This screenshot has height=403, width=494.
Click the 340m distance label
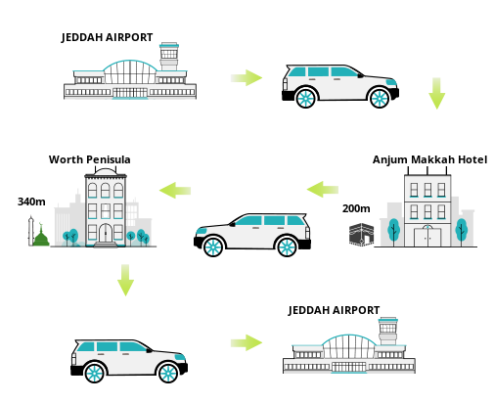point(31,201)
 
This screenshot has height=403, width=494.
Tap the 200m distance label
point(356,208)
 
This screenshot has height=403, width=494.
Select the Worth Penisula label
point(90,159)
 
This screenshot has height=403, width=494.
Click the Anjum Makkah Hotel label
point(429,159)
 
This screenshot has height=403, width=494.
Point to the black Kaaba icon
point(361,234)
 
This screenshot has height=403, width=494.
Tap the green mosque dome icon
point(41,236)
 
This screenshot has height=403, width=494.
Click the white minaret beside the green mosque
point(31,231)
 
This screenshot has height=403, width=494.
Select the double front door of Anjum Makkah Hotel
point(427,237)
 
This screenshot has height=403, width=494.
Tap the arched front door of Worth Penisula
point(106,233)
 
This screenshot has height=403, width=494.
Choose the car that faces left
point(252,235)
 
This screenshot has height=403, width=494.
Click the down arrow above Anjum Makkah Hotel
point(436,93)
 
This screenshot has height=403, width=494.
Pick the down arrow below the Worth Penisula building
point(125,280)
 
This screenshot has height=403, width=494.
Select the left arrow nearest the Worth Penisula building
point(175,191)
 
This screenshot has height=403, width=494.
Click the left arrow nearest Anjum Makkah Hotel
point(323,190)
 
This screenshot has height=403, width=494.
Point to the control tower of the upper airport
point(169,57)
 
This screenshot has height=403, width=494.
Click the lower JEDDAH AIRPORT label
point(334,310)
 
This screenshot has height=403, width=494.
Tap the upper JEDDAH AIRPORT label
point(107,37)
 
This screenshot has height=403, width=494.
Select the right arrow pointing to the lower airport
point(247,342)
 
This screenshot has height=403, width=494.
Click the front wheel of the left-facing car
point(213,246)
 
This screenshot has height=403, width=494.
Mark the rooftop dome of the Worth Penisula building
point(106,171)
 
